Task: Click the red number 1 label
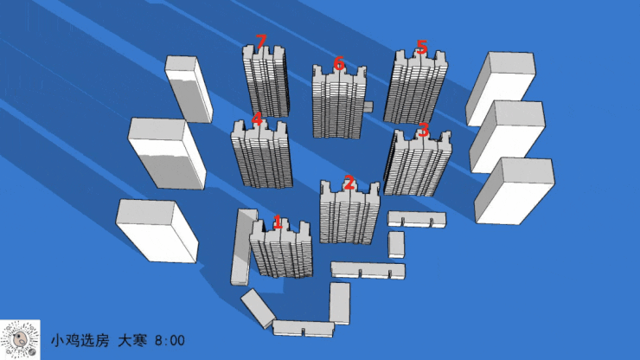[x=278, y=222]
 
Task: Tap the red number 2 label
[x=349, y=183]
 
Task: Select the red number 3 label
[x=424, y=130]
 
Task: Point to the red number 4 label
[x=257, y=119]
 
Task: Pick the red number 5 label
[x=422, y=47]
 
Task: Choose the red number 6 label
[x=339, y=64]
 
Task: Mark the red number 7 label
[x=261, y=42]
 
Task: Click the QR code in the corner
[x=20, y=340]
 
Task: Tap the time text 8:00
[x=170, y=340]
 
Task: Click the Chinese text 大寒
[x=132, y=340]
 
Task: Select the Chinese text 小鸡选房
[x=80, y=340]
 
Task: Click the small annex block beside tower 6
[x=368, y=106]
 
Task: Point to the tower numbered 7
[x=266, y=80]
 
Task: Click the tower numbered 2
[x=349, y=213]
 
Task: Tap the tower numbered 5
[x=415, y=87]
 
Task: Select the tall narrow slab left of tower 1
[x=244, y=247]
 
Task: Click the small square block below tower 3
[x=396, y=245]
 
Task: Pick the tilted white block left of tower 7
[x=189, y=89]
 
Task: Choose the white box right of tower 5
[x=501, y=88]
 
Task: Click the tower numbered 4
[x=262, y=155]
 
